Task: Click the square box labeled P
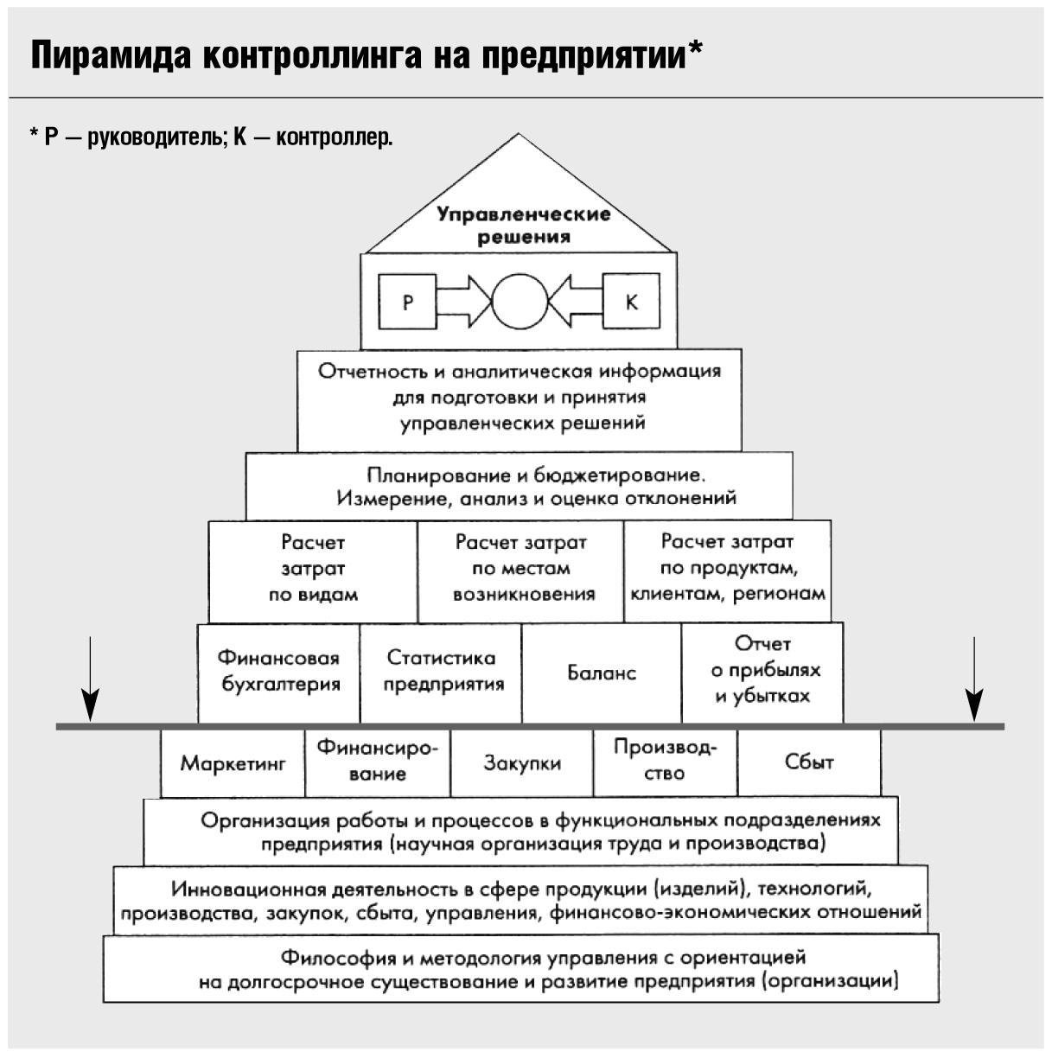407,302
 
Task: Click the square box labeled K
631,302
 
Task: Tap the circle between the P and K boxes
520,302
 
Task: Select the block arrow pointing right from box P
464,302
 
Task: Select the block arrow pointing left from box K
576,302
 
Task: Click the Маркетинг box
233,762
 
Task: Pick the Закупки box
522,762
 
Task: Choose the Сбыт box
809,762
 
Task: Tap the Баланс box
602,673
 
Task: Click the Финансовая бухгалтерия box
279,673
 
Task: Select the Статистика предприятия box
441,673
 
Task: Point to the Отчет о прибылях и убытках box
762,673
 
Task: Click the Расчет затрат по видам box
313,571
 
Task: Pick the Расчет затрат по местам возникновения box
521,571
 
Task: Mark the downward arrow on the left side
90,679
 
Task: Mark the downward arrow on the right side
974,679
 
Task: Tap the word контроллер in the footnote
335,137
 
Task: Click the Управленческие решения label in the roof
524,225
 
